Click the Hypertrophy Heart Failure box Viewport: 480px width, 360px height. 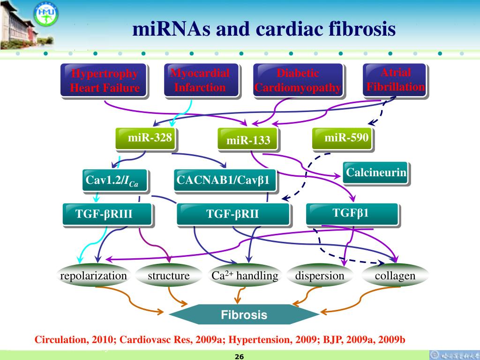pyautogui.click(x=104, y=81)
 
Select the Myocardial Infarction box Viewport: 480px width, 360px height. pyautogui.click(x=200, y=81)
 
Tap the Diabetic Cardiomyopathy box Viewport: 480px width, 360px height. pyautogui.click(x=298, y=81)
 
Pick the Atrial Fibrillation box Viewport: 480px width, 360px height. pyautogui.click(x=395, y=80)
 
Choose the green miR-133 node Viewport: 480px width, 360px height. pyautogui.click(x=248, y=140)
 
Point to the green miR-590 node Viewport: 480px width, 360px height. pyautogui.click(x=343, y=138)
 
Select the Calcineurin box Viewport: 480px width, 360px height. pyautogui.click(x=375, y=173)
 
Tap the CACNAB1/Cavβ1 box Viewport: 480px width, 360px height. pyautogui.click(x=225, y=180)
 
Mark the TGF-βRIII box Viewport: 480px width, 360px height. pyautogui.click(x=107, y=214)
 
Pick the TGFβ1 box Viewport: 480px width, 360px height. pyautogui.click(x=352, y=213)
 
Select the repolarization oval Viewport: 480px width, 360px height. pyautogui.click(x=93, y=276)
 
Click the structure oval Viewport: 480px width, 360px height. pyautogui.click(x=168, y=276)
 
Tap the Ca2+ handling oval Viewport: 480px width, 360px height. pyautogui.click(x=244, y=276)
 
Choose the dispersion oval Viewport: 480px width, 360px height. pyautogui.click(x=320, y=276)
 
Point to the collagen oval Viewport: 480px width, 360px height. pyautogui.click(x=395, y=276)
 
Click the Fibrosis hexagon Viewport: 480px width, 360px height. pyautogui.click(x=244, y=315)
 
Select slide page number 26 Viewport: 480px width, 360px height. pyautogui.click(x=239, y=357)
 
